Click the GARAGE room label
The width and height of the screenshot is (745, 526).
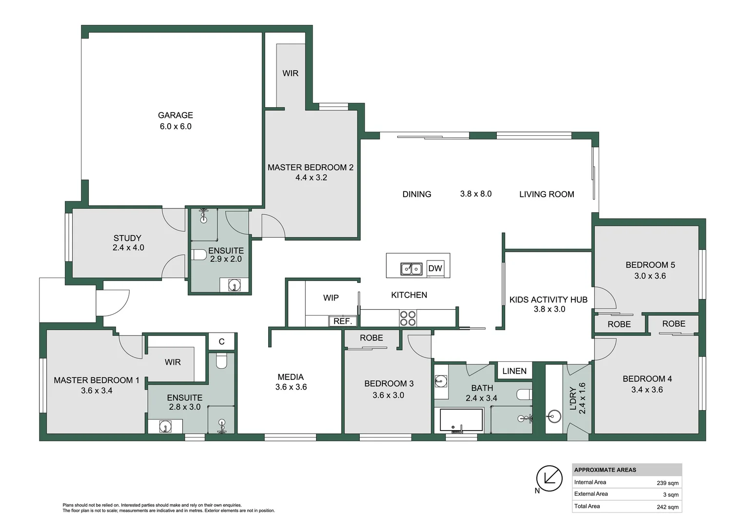176,115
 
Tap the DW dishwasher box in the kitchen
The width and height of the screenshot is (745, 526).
435,268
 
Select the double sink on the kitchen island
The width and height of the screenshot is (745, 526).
412,269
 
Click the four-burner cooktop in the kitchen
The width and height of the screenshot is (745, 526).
408,318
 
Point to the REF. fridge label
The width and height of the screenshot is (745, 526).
343,321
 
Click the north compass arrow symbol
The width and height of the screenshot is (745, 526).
549,478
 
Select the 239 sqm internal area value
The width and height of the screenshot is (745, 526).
667,483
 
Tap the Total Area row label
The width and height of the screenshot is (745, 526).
587,507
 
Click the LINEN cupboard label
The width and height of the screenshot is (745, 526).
514,371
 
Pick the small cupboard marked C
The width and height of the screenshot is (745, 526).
221,342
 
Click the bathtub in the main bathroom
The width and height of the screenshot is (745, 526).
461,420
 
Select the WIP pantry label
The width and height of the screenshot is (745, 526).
331,298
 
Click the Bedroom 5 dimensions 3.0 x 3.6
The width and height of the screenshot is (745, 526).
650,276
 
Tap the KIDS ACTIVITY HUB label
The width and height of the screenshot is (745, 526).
548,300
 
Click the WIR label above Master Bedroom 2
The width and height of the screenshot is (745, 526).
290,74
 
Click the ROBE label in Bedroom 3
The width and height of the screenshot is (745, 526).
371,338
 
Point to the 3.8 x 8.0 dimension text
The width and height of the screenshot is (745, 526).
475,194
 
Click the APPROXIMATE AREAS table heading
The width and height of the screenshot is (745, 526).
605,470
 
